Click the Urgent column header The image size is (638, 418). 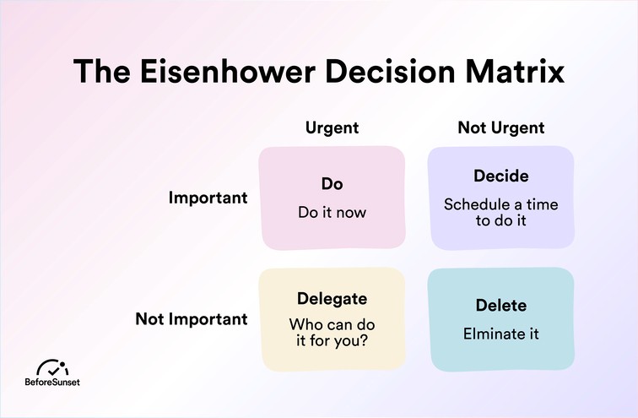[x=332, y=128]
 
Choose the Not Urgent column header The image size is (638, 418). [x=500, y=128]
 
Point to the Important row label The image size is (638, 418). [x=208, y=198]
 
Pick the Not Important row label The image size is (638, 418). [x=192, y=319]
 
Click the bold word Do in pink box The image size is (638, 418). [x=332, y=183]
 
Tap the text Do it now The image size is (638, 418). [x=332, y=212]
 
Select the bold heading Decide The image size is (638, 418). [x=500, y=176]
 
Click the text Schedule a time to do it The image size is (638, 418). [x=500, y=212]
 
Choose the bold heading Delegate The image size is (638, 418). [x=332, y=298]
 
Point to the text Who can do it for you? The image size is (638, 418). [x=332, y=333]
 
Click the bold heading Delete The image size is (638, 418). [x=500, y=304]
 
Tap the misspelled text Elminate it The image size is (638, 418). [x=500, y=333]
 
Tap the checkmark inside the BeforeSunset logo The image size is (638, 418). [x=52, y=370]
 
